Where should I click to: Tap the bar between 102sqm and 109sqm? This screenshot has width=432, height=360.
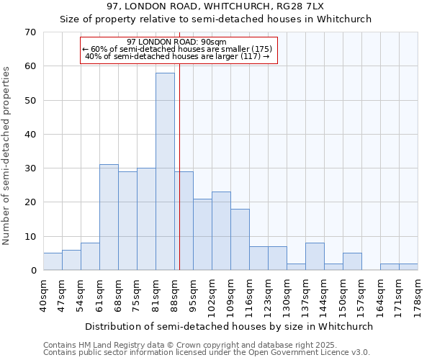click(x=221, y=231)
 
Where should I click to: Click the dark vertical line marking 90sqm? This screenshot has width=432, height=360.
click(x=179, y=180)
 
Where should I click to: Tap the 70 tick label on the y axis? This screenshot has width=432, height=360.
click(x=30, y=32)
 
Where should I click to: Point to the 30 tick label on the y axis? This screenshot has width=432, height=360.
click(x=30, y=168)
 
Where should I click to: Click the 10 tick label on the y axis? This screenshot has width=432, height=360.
click(x=30, y=237)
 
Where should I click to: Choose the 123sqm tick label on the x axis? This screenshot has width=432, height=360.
click(x=269, y=295)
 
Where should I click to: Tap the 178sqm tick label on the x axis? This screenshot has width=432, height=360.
click(x=418, y=295)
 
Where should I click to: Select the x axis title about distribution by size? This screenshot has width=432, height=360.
click(x=228, y=326)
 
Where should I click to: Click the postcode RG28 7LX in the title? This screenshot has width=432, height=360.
click(x=297, y=6)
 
